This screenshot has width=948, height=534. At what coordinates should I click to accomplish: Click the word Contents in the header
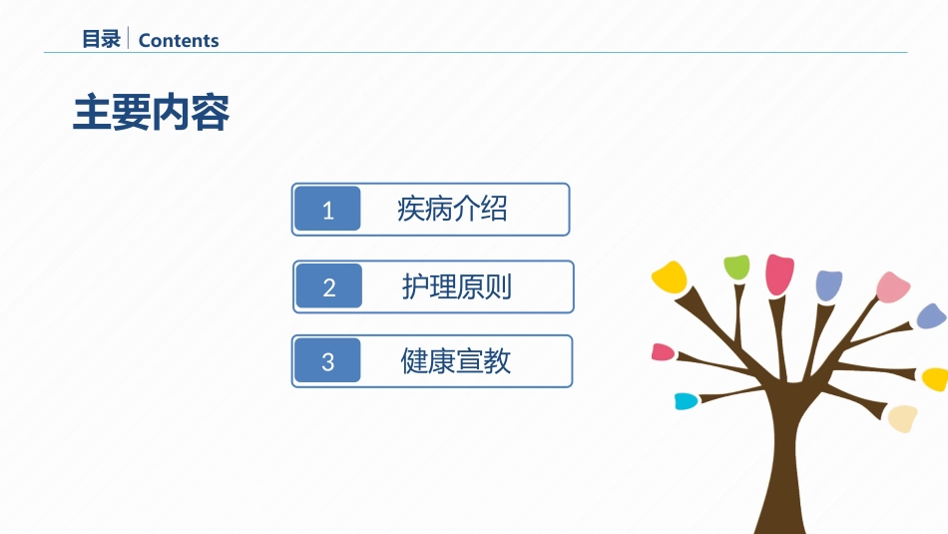click(x=179, y=41)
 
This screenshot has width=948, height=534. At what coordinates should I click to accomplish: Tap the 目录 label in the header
click(x=101, y=39)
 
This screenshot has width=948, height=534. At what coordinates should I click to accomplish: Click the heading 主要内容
click(x=151, y=113)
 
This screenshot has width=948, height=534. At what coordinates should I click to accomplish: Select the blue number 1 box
click(x=327, y=210)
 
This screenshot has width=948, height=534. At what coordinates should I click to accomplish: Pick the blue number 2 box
click(x=329, y=286)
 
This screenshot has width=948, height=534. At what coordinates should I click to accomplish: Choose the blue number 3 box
click(x=327, y=361)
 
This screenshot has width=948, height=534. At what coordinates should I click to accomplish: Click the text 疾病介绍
click(x=452, y=210)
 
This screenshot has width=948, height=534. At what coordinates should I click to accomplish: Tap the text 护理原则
click(x=456, y=286)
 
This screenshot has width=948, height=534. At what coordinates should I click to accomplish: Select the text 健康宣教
click(x=455, y=361)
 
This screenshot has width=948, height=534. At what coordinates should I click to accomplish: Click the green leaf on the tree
click(x=737, y=267)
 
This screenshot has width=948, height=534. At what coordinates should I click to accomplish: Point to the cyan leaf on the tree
click(x=687, y=401)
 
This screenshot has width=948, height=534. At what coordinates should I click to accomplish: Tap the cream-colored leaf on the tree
click(x=903, y=418)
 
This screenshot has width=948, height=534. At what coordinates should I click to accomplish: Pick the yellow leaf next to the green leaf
click(x=670, y=277)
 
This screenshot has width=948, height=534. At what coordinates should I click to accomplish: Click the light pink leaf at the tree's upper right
click(x=893, y=286)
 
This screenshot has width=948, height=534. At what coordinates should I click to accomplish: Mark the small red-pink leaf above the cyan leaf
click(x=663, y=352)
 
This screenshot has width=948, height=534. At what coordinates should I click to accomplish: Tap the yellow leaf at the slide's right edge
click(x=935, y=379)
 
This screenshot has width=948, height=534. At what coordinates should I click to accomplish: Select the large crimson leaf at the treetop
click(x=779, y=274)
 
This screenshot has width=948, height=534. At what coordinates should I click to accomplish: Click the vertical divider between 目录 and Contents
click(x=128, y=38)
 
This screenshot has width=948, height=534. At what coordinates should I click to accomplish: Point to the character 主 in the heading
click(x=92, y=113)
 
